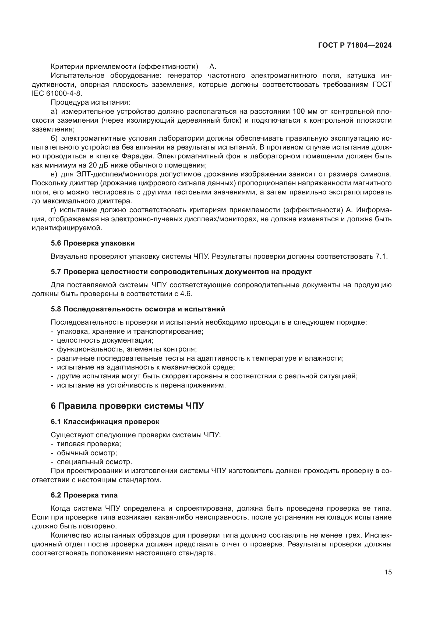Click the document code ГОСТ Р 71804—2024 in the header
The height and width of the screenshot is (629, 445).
[x=355, y=45]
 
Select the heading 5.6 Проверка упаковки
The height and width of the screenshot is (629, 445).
[x=93, y=243]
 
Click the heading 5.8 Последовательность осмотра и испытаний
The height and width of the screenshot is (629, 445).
[x=138, y=309]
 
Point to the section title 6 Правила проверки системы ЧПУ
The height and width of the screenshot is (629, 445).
[x=127, y=406]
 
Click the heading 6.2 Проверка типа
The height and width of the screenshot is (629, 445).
[x=84, y=495]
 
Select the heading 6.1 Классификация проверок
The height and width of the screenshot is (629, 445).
[x=105, y=422]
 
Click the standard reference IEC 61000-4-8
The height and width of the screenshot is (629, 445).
[x=56, y=93]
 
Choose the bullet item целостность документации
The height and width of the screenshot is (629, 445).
[x=105, y=340]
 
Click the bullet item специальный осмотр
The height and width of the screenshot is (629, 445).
[x=94, y=462]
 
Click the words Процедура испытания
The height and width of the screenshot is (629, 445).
[x=90, y=102]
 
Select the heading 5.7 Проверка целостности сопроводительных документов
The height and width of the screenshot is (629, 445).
[x=181, y=272]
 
